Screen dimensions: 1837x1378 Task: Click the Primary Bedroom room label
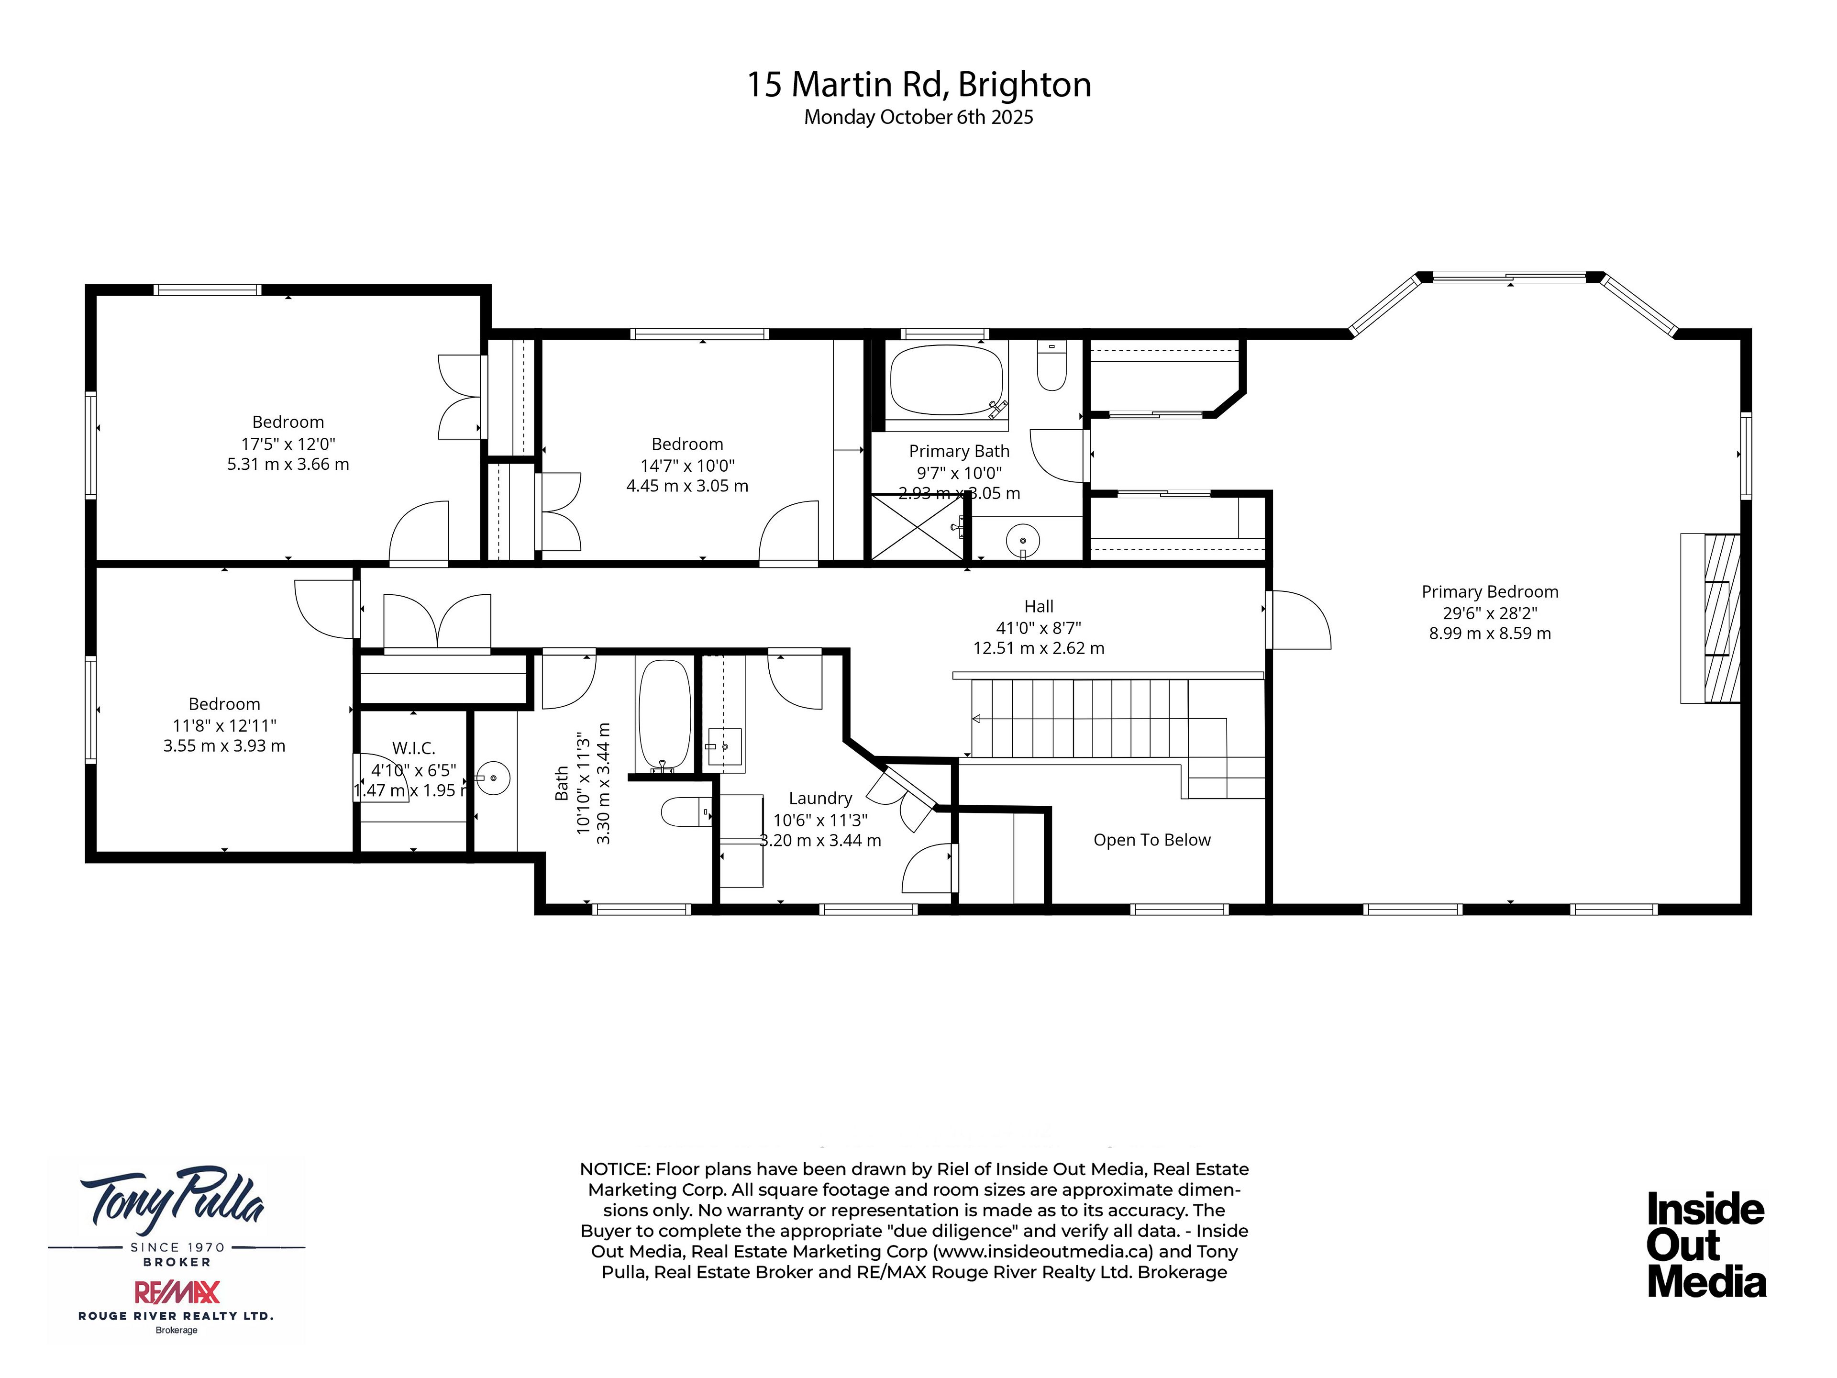1489,591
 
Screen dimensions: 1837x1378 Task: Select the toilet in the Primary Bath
1051,367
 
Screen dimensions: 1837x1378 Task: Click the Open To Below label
1152,840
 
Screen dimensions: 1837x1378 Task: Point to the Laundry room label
820,798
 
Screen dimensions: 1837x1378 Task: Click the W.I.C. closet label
414,748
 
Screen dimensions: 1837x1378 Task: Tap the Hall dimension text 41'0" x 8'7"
1039,628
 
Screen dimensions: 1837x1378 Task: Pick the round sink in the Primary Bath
1022,542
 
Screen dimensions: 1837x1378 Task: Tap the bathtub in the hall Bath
664,714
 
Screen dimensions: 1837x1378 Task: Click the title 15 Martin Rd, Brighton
918,85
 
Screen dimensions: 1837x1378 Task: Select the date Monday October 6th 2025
918,117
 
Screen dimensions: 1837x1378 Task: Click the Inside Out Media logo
1706,1245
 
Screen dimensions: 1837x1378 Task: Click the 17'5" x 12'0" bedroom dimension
288,444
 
